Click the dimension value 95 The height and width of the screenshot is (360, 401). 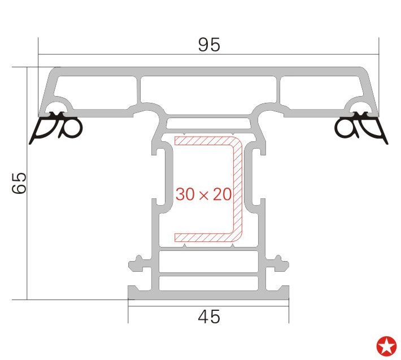(209, 45)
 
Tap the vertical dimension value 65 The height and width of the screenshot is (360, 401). (19, 183)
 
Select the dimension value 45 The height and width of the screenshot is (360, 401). (208, 316)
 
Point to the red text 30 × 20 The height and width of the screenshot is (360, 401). (203, 194)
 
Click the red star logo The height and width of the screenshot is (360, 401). (386, 346)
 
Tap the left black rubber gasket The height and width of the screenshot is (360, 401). (56, 127)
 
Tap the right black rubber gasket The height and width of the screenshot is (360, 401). (361, 127)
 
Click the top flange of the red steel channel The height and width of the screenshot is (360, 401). (204, 141)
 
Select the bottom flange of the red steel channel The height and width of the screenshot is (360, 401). (204, 237)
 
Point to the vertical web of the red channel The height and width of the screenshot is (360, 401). (238, 189)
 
